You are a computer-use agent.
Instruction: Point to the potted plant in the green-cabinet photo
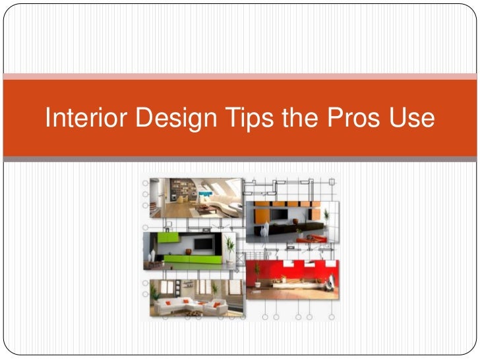230,248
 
